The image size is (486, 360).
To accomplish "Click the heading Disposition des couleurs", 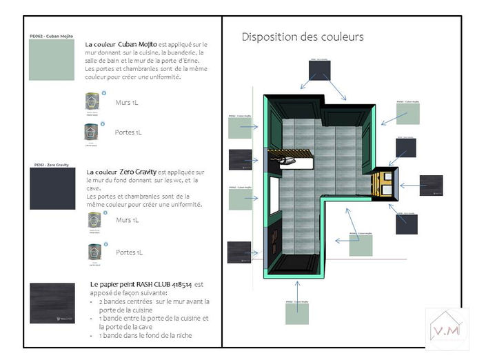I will point(303,37).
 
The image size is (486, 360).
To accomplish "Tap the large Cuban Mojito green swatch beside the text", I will point(52,60).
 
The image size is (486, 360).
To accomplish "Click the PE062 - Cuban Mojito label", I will point(52,36).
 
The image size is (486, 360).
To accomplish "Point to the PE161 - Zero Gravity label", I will point(52,166).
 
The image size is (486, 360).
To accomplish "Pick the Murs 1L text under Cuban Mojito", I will point(127,103).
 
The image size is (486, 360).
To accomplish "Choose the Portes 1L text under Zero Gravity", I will point(129,252).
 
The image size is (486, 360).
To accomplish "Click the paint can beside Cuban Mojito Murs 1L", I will point(91,102).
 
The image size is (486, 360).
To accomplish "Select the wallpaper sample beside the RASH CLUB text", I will point(52,301).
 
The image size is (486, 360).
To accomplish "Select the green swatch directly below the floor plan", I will point(297,313).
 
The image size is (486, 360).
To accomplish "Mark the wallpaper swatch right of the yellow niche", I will point(431,186).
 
